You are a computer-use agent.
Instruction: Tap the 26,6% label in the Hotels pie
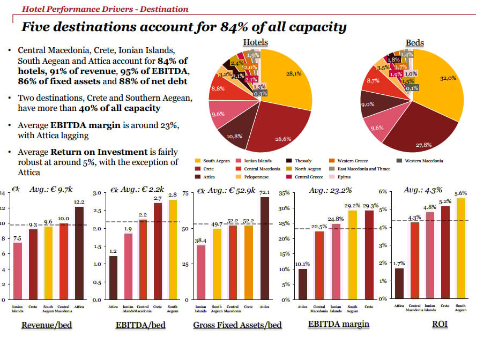282,139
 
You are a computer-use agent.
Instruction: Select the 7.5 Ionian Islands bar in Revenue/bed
18,271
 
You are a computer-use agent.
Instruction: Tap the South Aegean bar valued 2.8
173,249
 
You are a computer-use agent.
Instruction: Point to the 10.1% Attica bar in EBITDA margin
303,284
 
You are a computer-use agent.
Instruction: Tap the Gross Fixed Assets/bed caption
237,325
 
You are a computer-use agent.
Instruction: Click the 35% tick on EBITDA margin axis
284,193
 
